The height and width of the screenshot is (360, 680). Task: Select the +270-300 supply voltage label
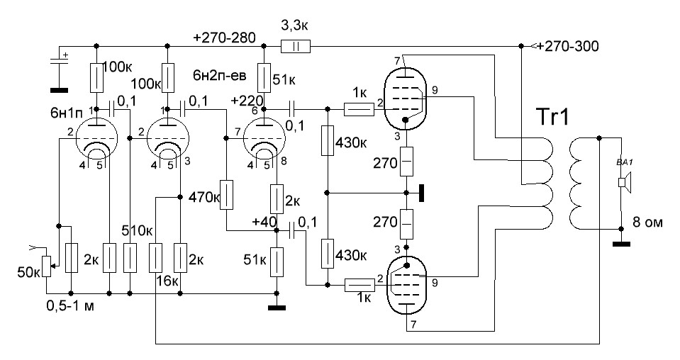pyautogui.click(x=568, y=47)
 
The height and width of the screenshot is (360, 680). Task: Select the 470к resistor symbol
pyautogui.click(x=226, y=195)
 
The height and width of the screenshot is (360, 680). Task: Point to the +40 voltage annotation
pyautogui.click(x=263, y=222)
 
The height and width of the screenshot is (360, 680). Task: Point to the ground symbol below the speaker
pyautogui.click(x=621, y=245)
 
